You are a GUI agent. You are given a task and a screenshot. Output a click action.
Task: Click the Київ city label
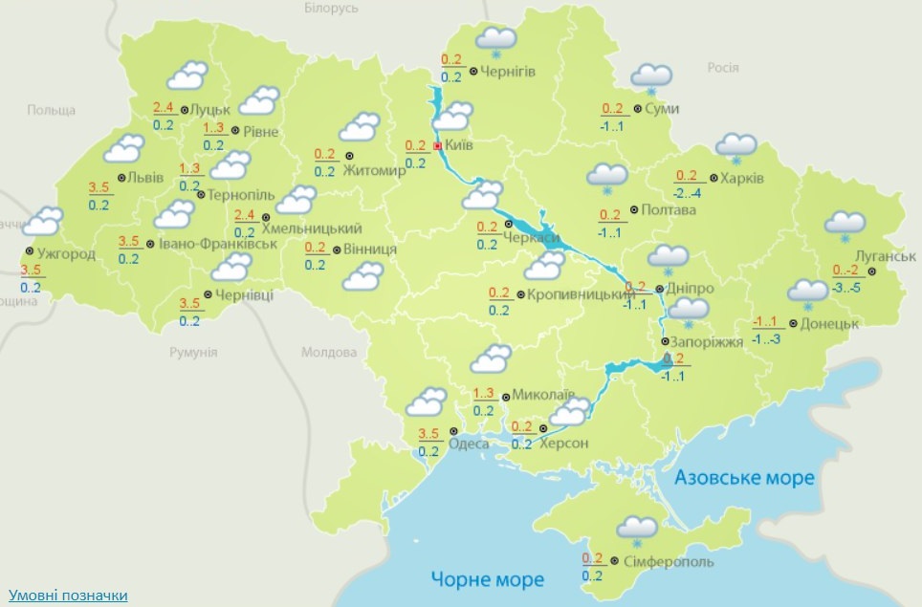(x=459, y=145)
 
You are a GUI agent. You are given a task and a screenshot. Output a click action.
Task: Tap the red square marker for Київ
(x=438, y=146)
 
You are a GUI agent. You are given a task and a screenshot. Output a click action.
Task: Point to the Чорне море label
(x=487, y=579)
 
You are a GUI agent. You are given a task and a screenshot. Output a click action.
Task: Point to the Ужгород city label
(x=68, y=254)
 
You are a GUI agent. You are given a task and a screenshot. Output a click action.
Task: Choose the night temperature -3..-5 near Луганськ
(x=849, y=287)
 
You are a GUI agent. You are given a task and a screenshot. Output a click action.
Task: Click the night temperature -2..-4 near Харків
(x=689, y=193)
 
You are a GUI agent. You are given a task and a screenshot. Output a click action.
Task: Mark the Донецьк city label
(x=829, y=323)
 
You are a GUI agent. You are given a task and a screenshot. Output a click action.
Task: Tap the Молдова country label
(x=329, y=352)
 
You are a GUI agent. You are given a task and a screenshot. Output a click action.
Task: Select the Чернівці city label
(x=244, y=294)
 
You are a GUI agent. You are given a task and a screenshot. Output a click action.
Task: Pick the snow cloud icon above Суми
(x=651, y=77)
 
